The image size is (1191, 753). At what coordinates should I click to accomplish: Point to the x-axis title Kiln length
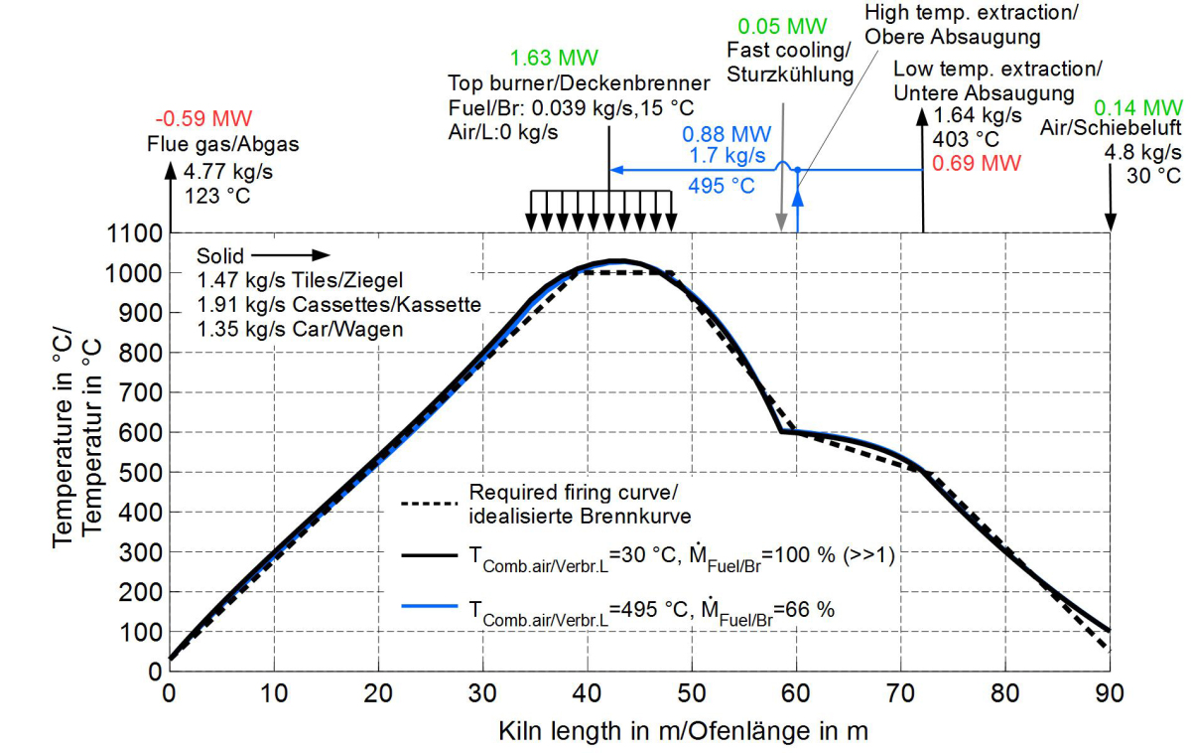point(683,732)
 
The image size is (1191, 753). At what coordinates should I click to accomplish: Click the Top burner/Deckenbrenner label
point(579,82)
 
